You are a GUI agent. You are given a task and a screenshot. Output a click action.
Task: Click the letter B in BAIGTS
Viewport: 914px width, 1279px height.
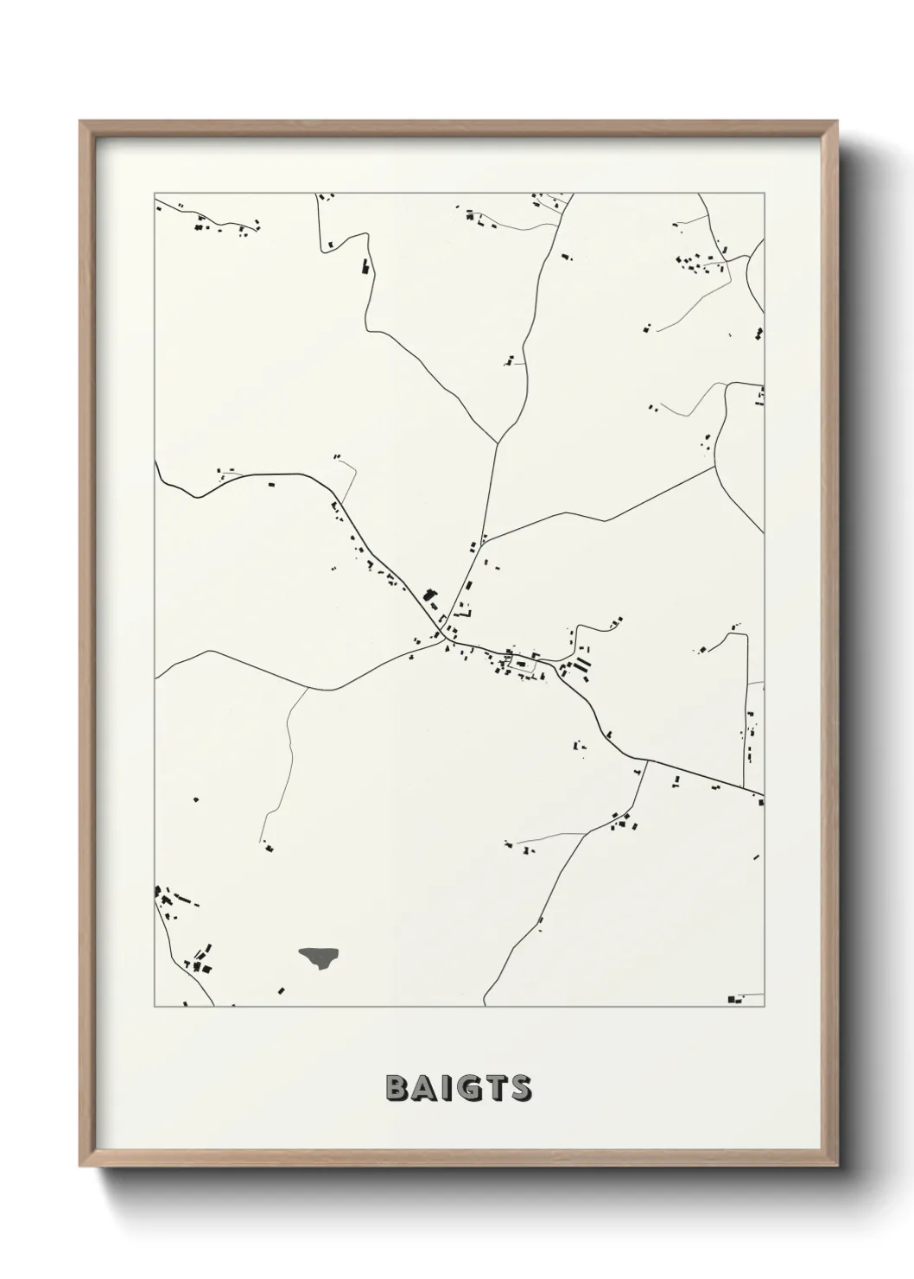coord(396,1089)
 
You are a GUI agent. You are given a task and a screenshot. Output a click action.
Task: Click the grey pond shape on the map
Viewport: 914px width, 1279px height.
coord(320,957)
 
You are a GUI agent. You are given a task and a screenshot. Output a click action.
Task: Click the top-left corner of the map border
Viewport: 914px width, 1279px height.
coord(156,194)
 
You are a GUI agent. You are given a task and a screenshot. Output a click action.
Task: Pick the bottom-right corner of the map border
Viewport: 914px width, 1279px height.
coord(764,1007)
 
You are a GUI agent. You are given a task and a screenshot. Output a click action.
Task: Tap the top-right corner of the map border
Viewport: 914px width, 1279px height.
coord(764,194)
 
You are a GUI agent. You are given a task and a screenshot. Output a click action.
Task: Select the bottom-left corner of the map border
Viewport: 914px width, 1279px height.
coord(156,1007)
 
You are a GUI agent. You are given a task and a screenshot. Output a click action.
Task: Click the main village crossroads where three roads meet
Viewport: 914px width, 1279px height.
coord(447,640)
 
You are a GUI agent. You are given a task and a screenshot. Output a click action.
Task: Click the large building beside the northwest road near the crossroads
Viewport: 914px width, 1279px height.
coord(429,595)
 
